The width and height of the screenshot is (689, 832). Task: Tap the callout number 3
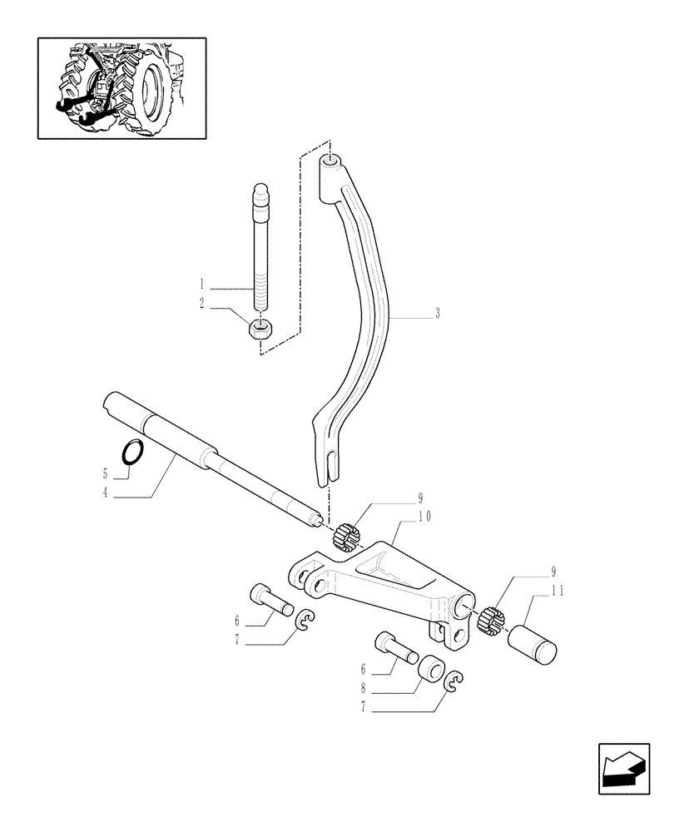point(437,315)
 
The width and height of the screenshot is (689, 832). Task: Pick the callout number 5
point(107,474)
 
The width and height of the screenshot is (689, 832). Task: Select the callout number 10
point(424,517)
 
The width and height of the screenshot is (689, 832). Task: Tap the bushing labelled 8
point(431,668)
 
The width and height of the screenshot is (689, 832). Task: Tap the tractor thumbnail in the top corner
point(121,87)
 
